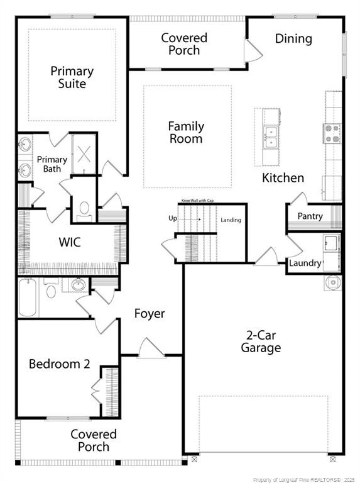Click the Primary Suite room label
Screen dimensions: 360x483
click(x=72, y=77)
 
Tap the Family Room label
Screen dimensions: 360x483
click(x=186, y=133)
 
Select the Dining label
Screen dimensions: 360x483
click(x=293, y=38)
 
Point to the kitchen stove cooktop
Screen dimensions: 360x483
click(x=332, y=133)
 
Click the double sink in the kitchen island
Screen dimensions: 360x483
click(x=271, y=137)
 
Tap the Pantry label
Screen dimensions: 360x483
click(x=310, y=216)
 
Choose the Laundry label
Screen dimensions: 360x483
click(x=305, y=263)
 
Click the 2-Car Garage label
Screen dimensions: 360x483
click(x=261, y=341)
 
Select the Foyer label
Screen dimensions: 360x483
click(x=150, y=314)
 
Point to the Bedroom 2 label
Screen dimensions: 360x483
click(x=60, y=364)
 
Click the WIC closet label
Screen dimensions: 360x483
click(x=70, y=242)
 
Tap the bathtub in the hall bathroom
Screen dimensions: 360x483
click(x=27, y=297)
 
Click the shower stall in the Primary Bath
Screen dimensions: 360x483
click(x=84, y=154)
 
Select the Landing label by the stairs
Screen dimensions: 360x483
click(x=231, y=220)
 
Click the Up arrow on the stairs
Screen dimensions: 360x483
click(x=190, y=219)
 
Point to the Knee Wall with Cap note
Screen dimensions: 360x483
click(x=197, y=201)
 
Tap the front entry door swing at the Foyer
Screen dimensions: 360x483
click(x=151, y=348)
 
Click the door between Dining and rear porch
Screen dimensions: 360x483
click(x=253, y=50)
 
